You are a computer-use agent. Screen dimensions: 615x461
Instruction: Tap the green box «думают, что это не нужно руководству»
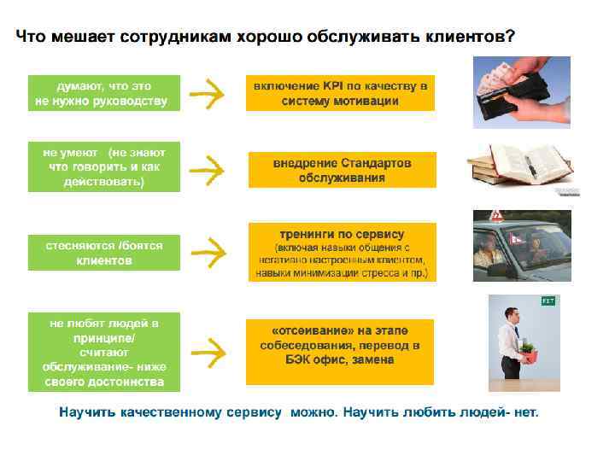(104, 93)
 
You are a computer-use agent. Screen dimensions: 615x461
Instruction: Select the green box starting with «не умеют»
(104, 166)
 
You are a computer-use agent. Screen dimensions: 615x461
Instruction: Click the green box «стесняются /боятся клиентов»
(104, 252)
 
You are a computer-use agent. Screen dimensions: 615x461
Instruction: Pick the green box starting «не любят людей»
(104, 352)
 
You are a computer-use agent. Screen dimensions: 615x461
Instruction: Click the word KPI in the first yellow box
(333, 86)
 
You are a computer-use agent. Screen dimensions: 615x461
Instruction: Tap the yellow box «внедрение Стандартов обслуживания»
(342, 170)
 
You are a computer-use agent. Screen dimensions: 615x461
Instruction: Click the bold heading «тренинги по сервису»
(342, 234)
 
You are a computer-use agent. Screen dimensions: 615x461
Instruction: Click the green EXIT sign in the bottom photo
(548, 301)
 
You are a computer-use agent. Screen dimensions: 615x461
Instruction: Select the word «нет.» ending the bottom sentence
(525, 412)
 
